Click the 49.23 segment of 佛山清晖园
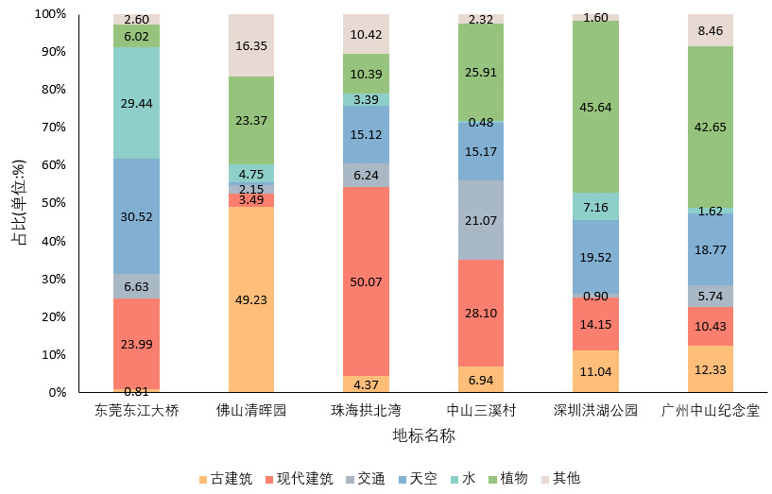[251, 299]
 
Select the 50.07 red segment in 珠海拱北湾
[366, 281]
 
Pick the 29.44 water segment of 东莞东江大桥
[136, 102]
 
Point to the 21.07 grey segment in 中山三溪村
[480, 220]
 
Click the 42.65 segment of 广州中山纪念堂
[710, 127]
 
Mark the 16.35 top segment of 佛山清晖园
[251, 45]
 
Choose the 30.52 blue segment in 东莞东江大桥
[136, 216]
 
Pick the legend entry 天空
[417, 479]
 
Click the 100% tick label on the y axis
[49, 14]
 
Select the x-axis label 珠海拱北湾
[366, 411]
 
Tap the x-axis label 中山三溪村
[480, 411]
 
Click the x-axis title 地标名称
[423, 435]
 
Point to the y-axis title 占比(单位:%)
[18, 202]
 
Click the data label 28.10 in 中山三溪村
[480, 313]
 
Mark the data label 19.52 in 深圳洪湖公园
[595, 256]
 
